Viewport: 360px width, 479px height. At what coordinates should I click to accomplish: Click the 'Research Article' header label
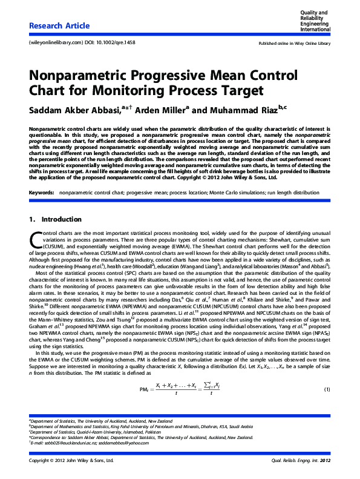tap(59, 26)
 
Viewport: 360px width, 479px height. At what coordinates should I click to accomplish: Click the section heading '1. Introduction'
tap(51, 219)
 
